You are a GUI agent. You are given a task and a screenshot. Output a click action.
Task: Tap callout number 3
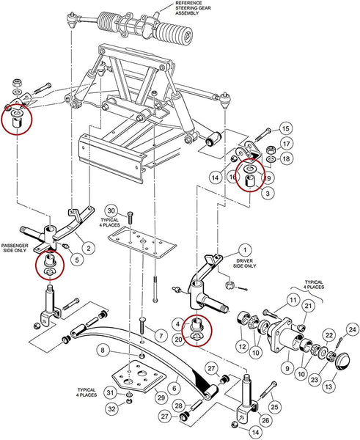pyautogui.click(x=270, y=192)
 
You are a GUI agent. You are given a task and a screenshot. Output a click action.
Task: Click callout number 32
pyautogui.click(x=110, y=408)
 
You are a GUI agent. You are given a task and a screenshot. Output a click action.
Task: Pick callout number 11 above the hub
pyautogui.click(x=292, y=299)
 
